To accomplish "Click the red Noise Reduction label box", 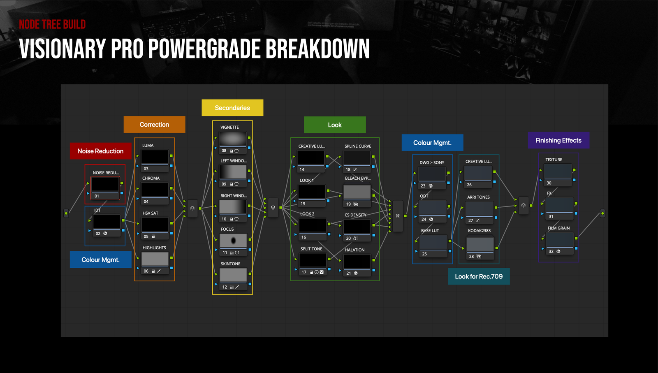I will [x=100, y=151].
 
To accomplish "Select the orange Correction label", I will [x=154, y=125].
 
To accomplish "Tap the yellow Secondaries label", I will [x=232, y=108].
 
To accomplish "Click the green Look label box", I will [x=335, y=125].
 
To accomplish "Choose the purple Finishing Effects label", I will [x=558, y=140].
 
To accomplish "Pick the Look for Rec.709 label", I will [x=479, y=276].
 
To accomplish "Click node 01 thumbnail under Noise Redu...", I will [x=105, y=184].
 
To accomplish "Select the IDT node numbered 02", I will [x=107, y=222].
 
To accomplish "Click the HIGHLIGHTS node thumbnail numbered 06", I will [x=155, y=259].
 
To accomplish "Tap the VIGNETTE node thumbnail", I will [x=233, y=139].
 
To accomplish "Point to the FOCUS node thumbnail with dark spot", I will [x=233, y=241].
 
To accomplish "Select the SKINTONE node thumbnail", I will [x=233, y=275].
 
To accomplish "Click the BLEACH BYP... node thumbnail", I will [x=357, y=192].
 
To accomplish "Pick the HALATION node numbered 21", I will [x=357, y=262].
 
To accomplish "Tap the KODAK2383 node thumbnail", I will [x=480, y=245].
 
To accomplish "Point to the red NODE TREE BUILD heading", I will [x=52, y=25].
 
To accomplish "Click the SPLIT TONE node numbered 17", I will [x=313, y=260].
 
